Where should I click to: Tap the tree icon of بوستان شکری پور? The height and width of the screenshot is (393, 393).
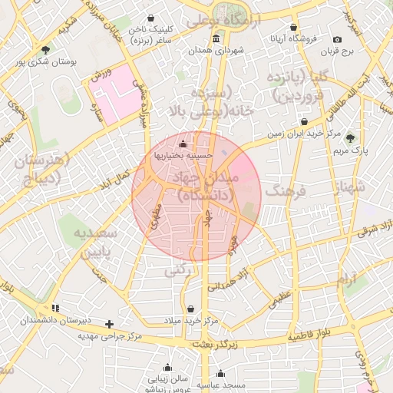46,50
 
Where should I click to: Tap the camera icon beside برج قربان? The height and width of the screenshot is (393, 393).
338,39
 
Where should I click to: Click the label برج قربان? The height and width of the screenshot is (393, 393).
335,51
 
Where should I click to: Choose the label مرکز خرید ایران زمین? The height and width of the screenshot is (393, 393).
303,134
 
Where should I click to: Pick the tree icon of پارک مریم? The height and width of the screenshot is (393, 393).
350,139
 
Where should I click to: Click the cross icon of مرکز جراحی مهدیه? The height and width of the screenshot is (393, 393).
110,324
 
